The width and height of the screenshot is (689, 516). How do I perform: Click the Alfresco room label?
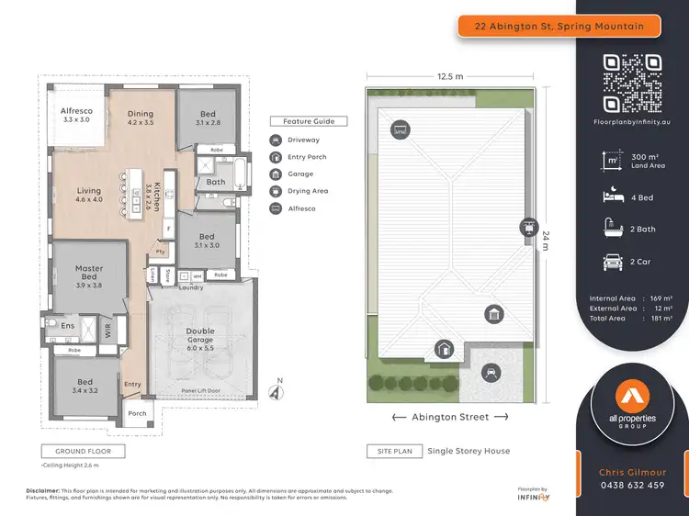(x=76, y=115)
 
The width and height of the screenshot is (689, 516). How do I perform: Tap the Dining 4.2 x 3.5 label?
(x=141, y=119)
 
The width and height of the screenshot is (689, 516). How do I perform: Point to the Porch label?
(x=137, y=413)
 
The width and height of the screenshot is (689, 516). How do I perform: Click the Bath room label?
(x=216, y=182)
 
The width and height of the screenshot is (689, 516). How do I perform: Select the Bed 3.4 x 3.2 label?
(x=85, y=387)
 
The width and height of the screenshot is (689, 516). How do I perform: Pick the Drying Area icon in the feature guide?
(x=277, y=191)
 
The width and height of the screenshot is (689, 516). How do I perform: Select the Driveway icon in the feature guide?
(x=277, y=140)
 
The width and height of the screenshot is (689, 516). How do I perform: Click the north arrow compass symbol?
(x=274, y=390)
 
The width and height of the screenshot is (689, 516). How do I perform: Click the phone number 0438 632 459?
(x=631, y=486)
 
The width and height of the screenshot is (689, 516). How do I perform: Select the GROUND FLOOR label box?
(x=83, y=452)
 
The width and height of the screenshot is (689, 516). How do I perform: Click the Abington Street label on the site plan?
(x=449, y=417)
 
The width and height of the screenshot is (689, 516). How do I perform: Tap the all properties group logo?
(x=631, y=406)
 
